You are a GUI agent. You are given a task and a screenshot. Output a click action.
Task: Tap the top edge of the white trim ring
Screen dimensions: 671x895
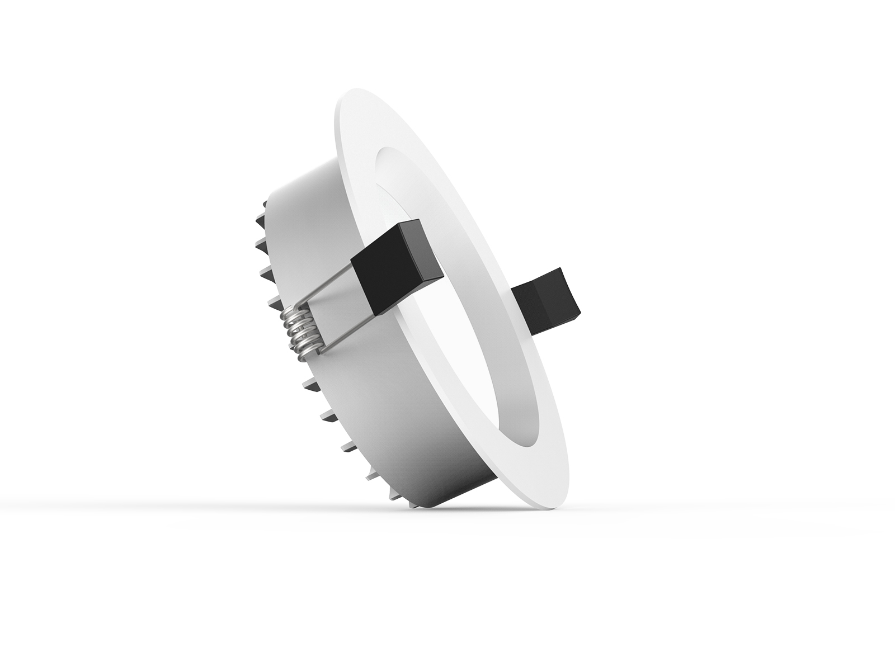pyautogui.click(x=358, y=94)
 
